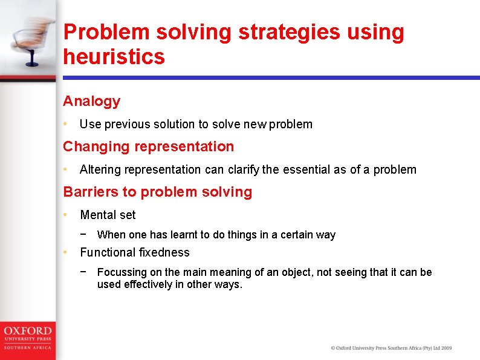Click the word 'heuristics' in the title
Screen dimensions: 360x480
coord(114,57)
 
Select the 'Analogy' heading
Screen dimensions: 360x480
coord(92,101)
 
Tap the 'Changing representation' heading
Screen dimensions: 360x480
coord(149,146)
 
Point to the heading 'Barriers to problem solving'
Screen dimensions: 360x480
coord(158,192)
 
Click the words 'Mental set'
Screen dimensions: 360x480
coord(108,215)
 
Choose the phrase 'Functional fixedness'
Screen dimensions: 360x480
coord(135,252)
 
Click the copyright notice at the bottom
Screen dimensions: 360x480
coord(391,348)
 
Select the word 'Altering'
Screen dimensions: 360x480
coord(100,169)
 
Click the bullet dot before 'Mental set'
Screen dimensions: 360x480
coord(66,215)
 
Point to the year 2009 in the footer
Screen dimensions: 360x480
coord(446,348)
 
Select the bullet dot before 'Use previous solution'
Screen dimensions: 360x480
coord(66,124)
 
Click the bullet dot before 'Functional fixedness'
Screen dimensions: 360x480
coord(66,252)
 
